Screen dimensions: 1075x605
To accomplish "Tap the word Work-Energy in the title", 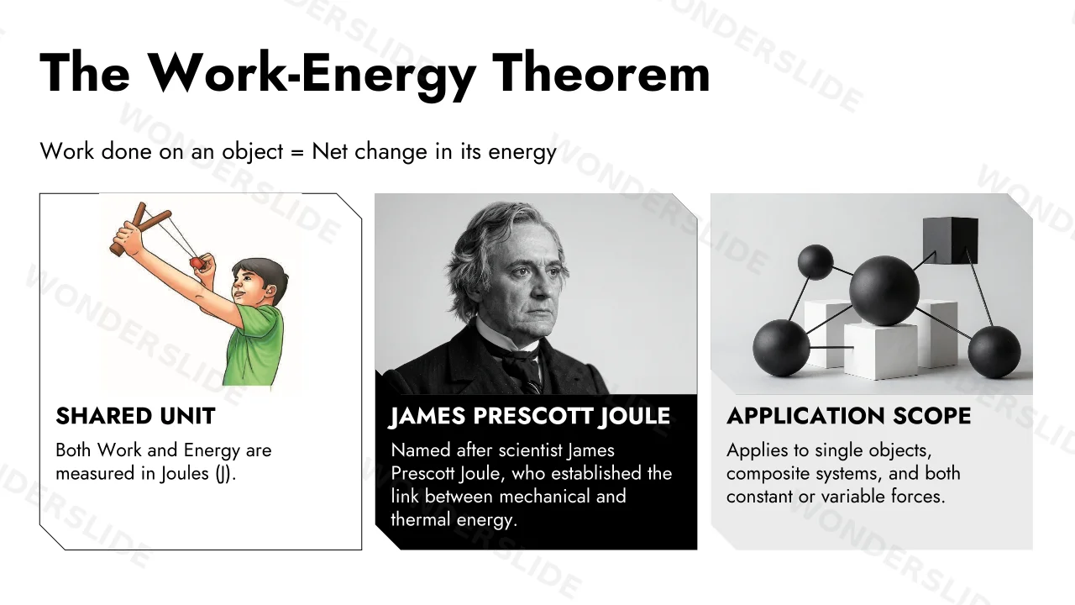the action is (x=312, y=76).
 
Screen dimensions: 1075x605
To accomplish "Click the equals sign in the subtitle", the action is (x=297, y=152).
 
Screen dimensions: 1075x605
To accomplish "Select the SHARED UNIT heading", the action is (x=135, y=416).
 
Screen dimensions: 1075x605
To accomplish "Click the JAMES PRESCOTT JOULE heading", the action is (x=530, y=416).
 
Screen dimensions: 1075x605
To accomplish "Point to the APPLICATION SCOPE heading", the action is (x=848, y=416).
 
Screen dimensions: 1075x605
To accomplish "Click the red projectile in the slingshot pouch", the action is (x=197, y=263).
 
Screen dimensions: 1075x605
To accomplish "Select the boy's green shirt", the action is (x=254, y=345).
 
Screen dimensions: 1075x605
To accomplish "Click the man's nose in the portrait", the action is (x=539, y=289).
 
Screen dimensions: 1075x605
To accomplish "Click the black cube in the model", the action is (x=950, y=240).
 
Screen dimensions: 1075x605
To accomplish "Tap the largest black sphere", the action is (x=884, y=291).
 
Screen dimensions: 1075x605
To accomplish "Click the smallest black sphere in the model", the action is (x=815, y=262).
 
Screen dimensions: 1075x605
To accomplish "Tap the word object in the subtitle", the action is (x=253, y=153).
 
